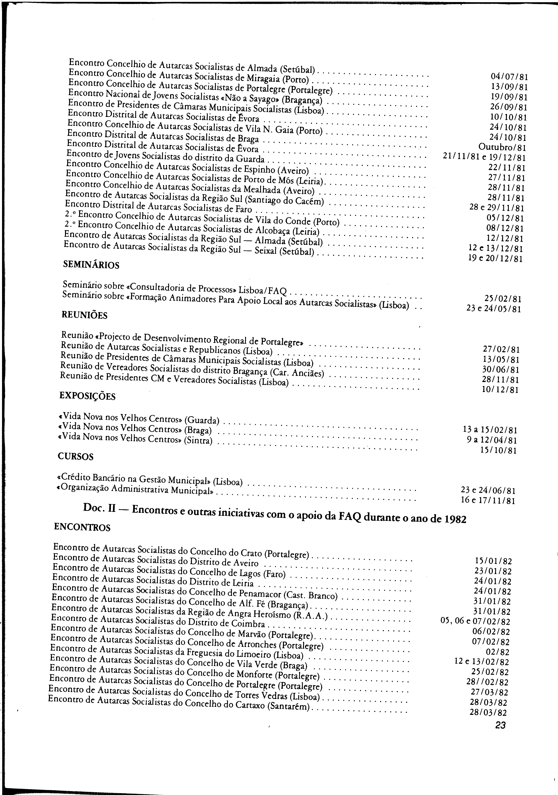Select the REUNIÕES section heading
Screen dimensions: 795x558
point(84,315)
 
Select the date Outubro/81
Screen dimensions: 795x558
point(502,148)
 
